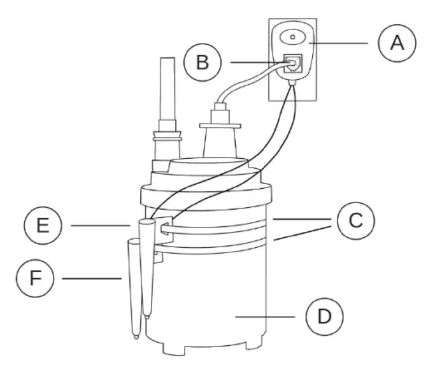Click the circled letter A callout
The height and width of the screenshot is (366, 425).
pyautogui.click(x=397, y=42)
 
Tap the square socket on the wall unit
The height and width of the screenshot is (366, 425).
pyautogui.click(x=292, y=63)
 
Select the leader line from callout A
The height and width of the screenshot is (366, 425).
pyautogui.click(x=345, y=42)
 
